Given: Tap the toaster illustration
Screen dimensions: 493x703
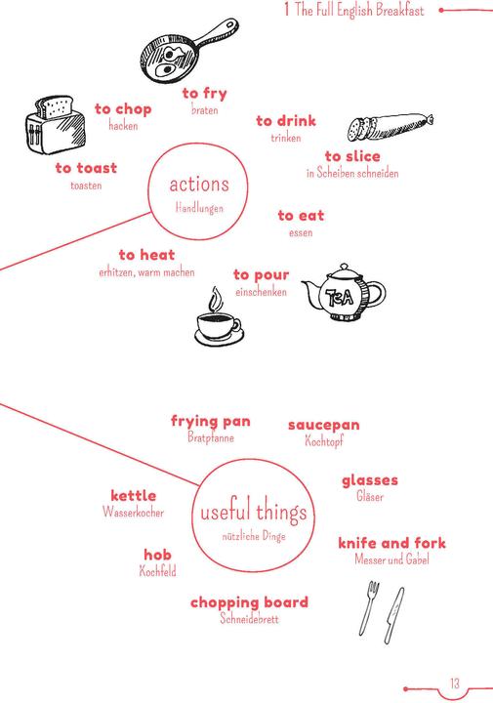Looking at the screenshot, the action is click(55, 124).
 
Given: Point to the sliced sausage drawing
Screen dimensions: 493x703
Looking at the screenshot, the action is click(390, 126).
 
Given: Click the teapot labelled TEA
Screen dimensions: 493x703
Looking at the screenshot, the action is click(344, 293).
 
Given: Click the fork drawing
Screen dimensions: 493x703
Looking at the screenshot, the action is click(369, 607).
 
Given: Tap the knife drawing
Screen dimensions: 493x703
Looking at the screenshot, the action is click(393, 615).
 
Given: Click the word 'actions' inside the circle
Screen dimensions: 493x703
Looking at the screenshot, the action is click(199, 185).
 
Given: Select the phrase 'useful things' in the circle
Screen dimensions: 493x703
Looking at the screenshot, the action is click(254, 512).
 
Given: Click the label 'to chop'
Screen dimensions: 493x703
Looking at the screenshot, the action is click(123, 109).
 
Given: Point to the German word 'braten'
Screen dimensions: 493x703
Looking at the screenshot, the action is click(205, 109).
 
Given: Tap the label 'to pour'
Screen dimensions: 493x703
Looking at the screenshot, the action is click(262, 274).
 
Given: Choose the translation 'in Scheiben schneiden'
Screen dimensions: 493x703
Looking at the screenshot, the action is click(352, 173).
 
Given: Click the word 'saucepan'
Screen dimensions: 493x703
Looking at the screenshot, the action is click(323, 425).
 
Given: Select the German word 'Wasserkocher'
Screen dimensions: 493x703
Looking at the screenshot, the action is click(133, 512).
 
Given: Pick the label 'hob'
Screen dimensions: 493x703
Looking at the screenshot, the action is click(157, 555).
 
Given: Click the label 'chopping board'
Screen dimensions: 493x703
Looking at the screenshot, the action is click(250, 602).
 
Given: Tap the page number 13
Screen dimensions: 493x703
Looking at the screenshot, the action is click(455, 682).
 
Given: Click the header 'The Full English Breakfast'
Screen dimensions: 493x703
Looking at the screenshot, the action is click(359, 10).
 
